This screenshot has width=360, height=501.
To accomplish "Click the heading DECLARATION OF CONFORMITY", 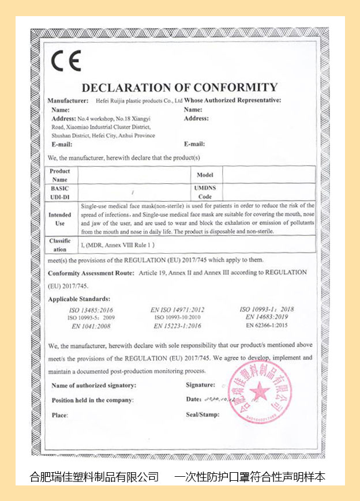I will click(179, 88).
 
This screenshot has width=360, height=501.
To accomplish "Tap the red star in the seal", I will click(260, 391).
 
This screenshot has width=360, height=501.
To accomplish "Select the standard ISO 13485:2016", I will click(91, 310).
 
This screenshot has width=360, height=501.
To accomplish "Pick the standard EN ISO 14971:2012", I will click(177, 310).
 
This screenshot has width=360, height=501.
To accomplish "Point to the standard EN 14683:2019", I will click(267, 317).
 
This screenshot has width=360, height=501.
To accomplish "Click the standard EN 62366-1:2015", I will click(267, 325).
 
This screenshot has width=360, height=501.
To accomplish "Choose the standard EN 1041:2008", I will click(91, 326).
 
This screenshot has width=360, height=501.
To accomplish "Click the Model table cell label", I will click(205, 175).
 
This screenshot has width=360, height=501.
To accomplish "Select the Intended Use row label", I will click(60, 219).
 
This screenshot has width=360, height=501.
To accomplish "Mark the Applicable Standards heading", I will click(79, 299).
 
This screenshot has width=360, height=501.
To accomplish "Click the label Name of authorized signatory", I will click(94, 385).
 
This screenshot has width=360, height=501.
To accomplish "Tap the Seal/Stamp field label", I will click(202, 415).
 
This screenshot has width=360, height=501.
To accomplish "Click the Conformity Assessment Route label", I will click(91, 272).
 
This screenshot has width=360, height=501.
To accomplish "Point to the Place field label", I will click(59, 415).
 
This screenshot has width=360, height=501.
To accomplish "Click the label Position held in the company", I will click(92, 400).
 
